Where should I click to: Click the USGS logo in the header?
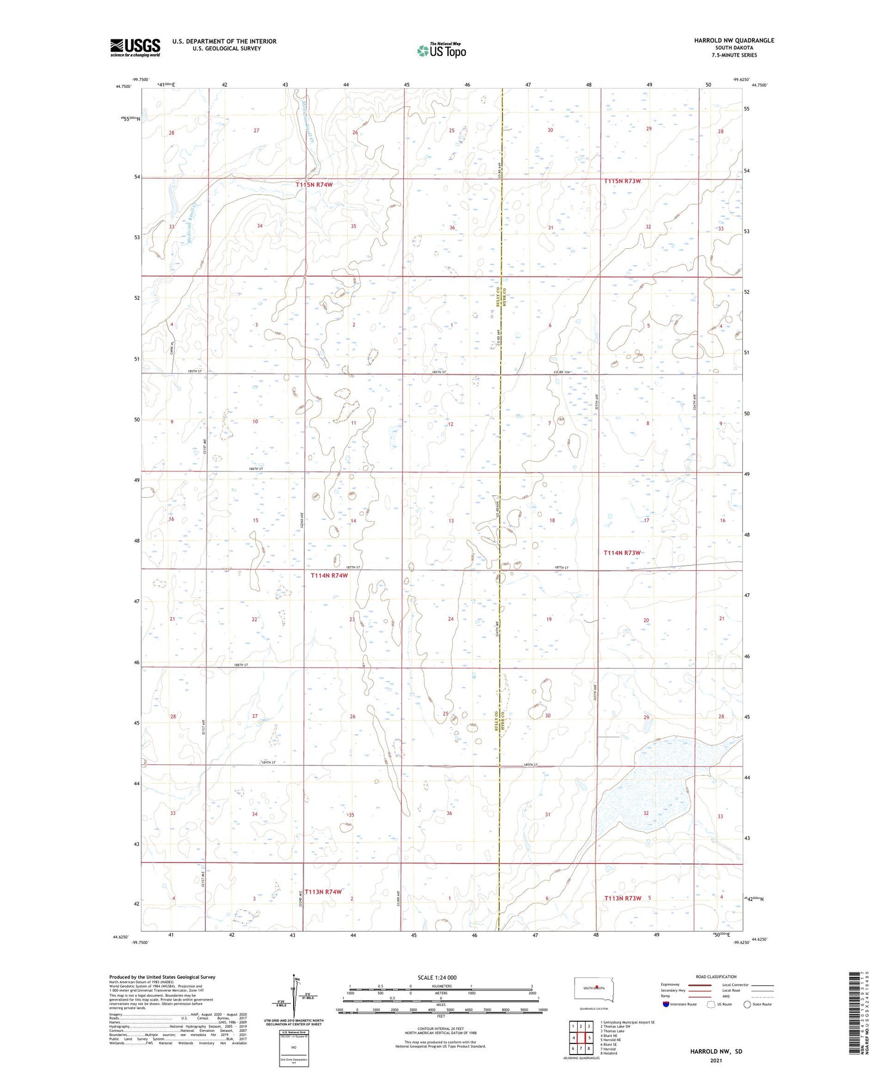pos(135,47)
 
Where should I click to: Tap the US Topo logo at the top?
pos(441,50)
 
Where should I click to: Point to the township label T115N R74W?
pos(314,184)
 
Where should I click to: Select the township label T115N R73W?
pos(622,181)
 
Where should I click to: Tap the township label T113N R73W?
pos(623,898)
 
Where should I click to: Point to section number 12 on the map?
pos(450,424)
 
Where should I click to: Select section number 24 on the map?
pos(450,619)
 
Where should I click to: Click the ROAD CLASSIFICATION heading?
pos(715,977)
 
